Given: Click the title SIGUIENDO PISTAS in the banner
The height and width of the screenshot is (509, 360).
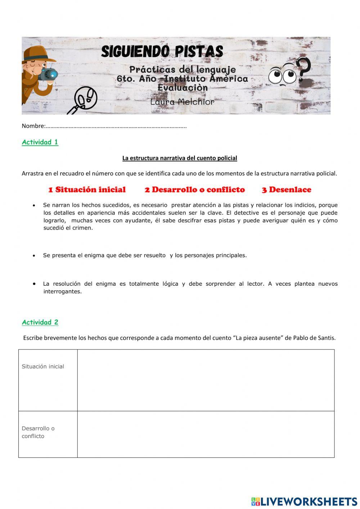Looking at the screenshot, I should pos(162,52).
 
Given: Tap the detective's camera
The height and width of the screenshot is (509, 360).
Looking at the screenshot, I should pos(48,74).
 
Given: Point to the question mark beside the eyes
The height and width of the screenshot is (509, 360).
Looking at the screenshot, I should pos(303,69).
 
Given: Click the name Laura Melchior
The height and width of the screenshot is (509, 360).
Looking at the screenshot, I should pos(182,102).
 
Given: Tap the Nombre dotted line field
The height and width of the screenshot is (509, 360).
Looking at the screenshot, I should pos(115,126).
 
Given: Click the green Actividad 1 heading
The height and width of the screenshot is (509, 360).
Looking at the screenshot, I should pos(40,142).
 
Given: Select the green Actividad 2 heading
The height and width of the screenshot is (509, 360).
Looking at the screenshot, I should pos(40,322).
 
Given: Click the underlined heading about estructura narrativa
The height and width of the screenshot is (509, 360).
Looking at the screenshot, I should pos(180,158).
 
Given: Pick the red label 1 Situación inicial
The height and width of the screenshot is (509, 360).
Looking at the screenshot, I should pos(87,190).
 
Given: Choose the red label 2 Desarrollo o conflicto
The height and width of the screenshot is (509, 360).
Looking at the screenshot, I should pos(194,190).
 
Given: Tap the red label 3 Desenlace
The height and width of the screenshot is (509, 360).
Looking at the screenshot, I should pos(286,190).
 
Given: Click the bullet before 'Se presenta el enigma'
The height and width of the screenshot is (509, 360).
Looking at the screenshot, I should pos(34,256).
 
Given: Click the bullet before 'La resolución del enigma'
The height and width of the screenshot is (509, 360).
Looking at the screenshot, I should pos(34,284).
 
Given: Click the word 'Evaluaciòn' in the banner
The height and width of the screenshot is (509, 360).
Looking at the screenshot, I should pos(183,88).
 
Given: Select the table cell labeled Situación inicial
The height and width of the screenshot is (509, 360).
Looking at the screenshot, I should pos(48,380).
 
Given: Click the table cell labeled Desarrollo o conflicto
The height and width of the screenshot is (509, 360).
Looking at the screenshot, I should pos(48,434).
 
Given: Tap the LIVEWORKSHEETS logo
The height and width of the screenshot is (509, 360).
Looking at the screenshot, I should pos(304,501).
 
